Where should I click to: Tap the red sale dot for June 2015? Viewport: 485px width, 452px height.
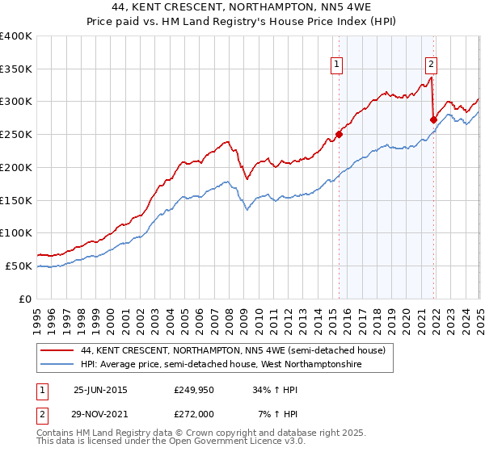pyautogui.click(x=339, y=135)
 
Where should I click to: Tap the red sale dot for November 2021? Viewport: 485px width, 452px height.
pyautogui.click(x=434, y=120)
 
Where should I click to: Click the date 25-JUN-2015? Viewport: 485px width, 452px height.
pyautogui.click(x=99, y=390)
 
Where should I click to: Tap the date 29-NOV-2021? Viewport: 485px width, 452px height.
pyautogui.click(x=99, y=413)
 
